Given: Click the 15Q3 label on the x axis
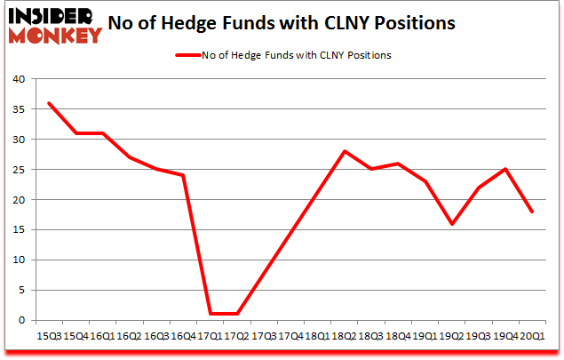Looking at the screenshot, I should pos(48,336).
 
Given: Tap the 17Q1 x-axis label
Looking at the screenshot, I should pos(210,336).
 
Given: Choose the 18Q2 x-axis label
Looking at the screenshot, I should pos(344,336).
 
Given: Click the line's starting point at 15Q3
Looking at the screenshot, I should pos(48,103).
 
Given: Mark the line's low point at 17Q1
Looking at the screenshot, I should pos(210,314).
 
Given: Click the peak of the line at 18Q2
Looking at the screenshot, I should pos(344,151).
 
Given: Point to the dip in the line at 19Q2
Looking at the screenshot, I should pos(451,224).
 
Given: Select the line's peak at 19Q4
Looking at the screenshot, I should pos(504,170).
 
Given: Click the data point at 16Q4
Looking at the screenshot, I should pos(183,175).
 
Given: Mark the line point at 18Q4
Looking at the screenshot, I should pos(397,164).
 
